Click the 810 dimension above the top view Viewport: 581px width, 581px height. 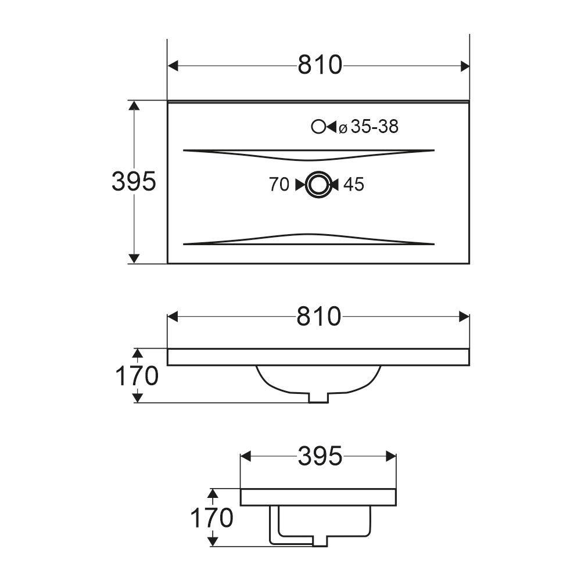click(320, 65)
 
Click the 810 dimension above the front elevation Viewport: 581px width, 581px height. click(318, 316)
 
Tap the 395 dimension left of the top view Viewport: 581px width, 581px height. click(134, 181)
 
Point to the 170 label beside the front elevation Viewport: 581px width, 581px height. click(137, 376)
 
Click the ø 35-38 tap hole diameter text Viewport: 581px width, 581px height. click(369, 127)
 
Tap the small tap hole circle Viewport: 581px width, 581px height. click(318, 127)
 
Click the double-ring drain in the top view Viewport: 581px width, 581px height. click(317, 184)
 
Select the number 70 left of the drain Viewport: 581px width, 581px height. click(279, 184)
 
